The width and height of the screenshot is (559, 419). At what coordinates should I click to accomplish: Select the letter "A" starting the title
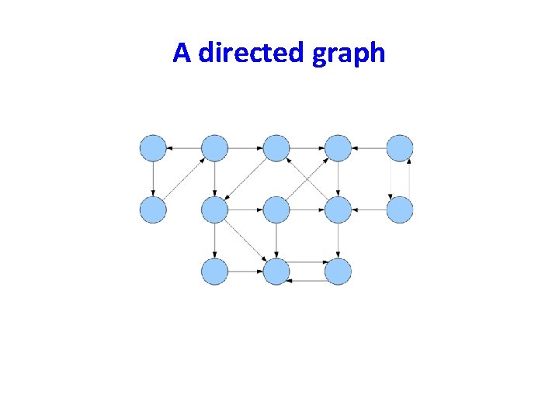click(182, 53)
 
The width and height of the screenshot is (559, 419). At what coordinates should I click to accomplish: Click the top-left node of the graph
click(153, 147)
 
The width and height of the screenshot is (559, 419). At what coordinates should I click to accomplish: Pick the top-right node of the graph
click(400, 147)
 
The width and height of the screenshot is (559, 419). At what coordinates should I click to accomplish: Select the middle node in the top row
click(276, 147)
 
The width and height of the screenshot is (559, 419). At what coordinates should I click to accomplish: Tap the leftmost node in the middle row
click(153, 209)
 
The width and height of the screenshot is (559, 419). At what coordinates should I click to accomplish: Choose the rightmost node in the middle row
click(400, 209)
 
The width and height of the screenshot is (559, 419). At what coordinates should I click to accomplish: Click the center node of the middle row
click(276, 209)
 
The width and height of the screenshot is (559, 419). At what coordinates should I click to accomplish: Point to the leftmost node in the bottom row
click(214, 272)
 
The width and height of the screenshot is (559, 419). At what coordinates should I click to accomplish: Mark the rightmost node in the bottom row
click(339, 272)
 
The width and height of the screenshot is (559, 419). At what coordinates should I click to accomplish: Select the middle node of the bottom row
click(276, 272)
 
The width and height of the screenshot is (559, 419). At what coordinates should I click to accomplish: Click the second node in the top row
click(214, 147)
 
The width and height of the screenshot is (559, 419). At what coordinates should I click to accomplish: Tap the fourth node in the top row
click(339, 147)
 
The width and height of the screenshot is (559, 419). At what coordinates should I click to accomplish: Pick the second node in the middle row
click(214, 209)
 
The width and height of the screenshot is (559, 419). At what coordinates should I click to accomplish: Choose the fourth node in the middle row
click(339, 209)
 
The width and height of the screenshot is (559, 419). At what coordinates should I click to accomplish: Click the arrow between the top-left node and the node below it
click(153, 178)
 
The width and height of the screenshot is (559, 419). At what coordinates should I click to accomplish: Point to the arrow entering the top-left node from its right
click(183, 147)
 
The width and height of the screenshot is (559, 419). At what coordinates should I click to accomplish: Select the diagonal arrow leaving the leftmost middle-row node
click(184, 178)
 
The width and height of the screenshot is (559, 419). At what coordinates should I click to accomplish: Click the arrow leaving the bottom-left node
click(245, 272)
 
